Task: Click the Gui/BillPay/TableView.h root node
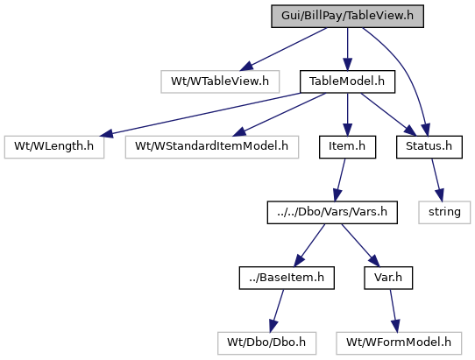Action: click(347, 16)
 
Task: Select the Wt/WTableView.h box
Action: click(220, 81)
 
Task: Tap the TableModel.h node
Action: click(347, 81)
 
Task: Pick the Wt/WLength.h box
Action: click(54, 147)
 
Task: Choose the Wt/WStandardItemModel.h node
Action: click(212, 147)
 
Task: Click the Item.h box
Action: click(347, 147)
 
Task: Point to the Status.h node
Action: click(429, 147)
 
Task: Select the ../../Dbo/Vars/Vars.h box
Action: click(332, 212)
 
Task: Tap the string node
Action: click(444, 212)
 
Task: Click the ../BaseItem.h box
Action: click(287, 278)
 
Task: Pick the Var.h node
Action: click(388, 278)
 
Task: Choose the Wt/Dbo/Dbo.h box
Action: click(267, 343)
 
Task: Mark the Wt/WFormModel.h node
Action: click(399, 343)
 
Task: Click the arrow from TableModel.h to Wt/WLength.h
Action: click(200, 114)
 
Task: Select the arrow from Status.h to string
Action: click(437, 180)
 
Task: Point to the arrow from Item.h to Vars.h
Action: click(340, 180)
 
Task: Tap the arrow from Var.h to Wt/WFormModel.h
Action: click(393, 311)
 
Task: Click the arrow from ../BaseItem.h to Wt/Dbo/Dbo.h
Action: click(277, 311)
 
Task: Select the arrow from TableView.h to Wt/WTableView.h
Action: click(283, 49)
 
